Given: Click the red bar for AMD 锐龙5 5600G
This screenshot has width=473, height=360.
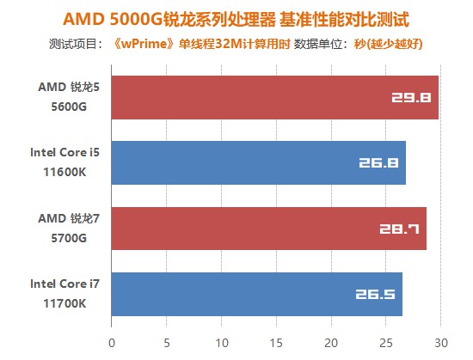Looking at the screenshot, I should coord(275,97).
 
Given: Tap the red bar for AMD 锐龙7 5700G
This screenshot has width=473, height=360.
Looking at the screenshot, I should coord(268,229).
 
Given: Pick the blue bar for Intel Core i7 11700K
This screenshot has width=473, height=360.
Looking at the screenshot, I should coord(256,295).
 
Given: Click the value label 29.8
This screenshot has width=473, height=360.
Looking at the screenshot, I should coord(411,98).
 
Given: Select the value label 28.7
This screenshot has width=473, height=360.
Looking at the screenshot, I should coord(399,229).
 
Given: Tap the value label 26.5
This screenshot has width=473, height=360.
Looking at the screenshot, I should coord(375,296).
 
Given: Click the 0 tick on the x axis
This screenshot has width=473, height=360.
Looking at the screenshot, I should coord(112,341).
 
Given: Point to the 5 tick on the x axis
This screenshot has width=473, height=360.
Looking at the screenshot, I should coord(167,341).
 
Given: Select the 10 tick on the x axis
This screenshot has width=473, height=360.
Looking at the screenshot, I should coord(221,341).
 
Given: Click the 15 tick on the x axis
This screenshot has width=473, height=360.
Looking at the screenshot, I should coord(276,341).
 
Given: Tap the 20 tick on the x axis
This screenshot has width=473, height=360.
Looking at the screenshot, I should coord(331,341).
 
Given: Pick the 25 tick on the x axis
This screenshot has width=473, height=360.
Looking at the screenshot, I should coord(386,341).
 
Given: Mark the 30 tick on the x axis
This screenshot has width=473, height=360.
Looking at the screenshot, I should coord(441,341).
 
